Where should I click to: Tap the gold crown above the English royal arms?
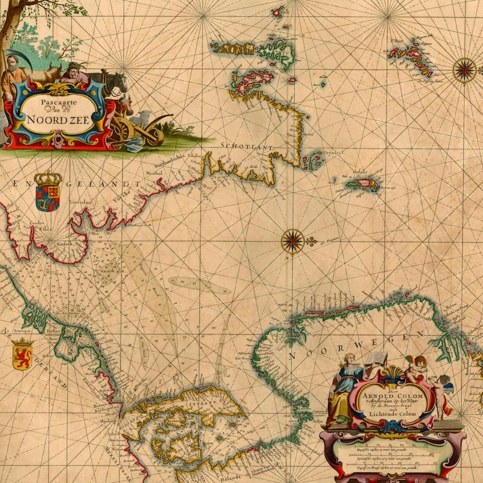[48, 180]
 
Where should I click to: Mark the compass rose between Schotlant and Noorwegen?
[293, 241]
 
